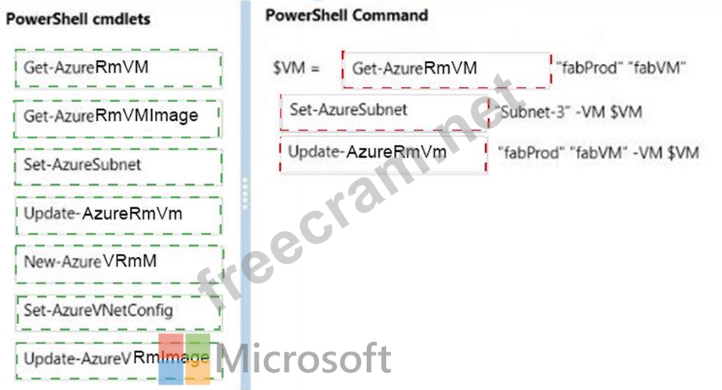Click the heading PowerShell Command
[x=347, y=15]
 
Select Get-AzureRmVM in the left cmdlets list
[x=117, y=68]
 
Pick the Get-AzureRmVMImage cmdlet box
[x=117, y=116]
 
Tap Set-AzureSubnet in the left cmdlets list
[x=117, y=165]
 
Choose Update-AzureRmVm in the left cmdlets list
[x=117, y=213]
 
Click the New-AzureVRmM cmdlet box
[x=117, y=262]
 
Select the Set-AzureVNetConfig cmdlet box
[x=117, y=310]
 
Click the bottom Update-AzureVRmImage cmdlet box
[x=113, y=358]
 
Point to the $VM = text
[x=296, y=68]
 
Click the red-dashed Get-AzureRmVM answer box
[x=447, y=69]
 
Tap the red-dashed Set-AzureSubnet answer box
[x=384, y=111]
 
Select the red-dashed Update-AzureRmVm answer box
[x=383, y=153]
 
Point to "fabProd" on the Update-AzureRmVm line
[x=531, y=153]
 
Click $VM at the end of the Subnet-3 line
[x=626, y=111]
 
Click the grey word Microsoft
[x=305, y=359]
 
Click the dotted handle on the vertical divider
[x=245, y=195]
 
